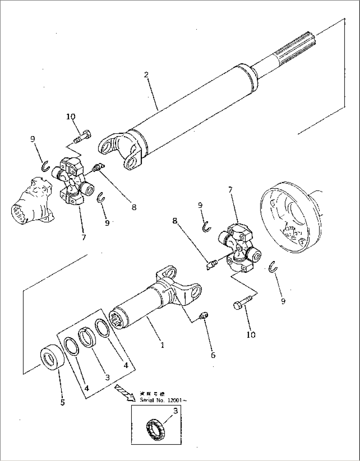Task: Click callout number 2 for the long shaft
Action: pyautogui.click(x=146, y=74)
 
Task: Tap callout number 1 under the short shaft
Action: pyautogui.click(x=162, y=345)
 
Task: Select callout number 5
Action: pyautogui.click(x=62, y=402)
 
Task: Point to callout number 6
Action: pyautogui.click(x=213, y=355)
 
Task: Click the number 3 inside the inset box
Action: pyautogui.click(x=175, y=411)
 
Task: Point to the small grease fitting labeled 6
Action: pyautogui.click(x=203, y=316)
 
